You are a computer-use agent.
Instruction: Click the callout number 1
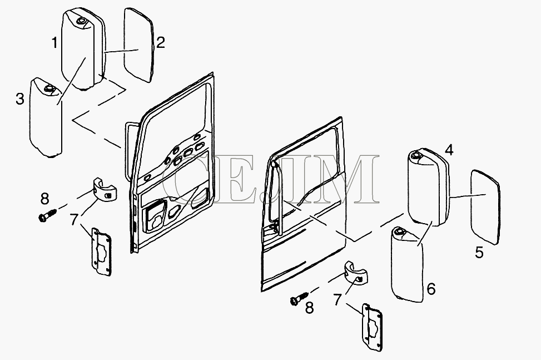click(54, 43)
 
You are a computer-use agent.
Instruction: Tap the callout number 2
click(161, 42)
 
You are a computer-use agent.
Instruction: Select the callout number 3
click(20, 99)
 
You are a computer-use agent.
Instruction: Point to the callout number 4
click(449, 150)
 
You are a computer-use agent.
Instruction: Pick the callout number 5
click(479, 252)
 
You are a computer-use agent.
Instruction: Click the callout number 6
click(431, 289)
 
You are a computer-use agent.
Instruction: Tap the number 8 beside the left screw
click(44, 199)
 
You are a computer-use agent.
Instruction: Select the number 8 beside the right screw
click(309, 308)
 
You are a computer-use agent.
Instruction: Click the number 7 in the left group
click(74, 220)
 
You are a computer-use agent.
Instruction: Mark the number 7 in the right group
click(338, 299)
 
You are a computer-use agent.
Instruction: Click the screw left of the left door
click(47, 215)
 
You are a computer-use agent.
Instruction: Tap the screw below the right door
click(299, 298)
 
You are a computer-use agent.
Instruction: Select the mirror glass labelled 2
click(138, 45)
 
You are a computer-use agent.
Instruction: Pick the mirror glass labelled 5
click(485, 207)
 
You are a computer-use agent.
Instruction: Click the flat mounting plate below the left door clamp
click(101, 251)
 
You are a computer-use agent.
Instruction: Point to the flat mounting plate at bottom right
click(371, 328)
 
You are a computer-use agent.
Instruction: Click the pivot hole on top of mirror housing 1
click(81, 21)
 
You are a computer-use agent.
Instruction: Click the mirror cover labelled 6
click(407, 265)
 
